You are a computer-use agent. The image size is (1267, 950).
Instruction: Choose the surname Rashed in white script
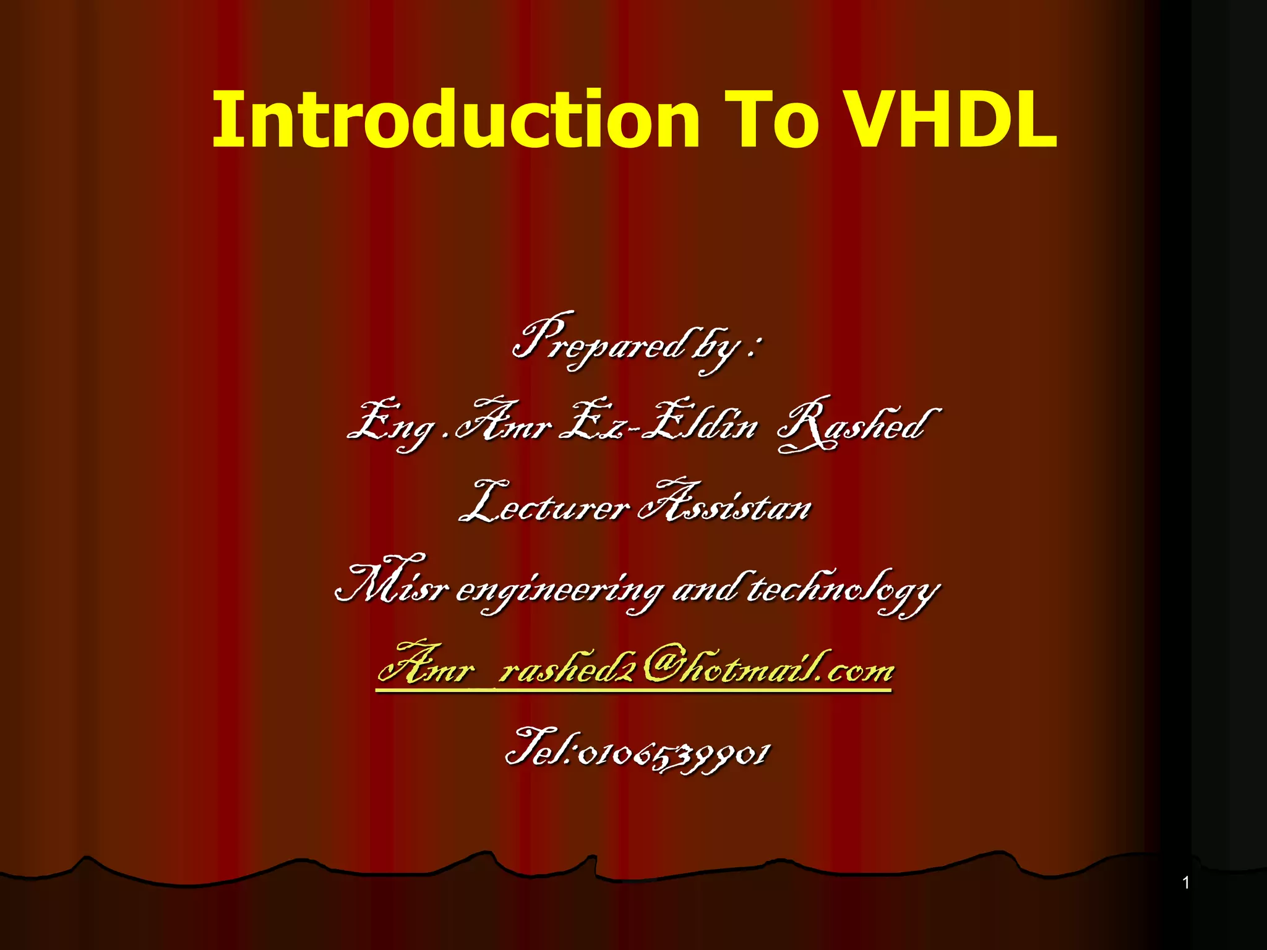point(857,424)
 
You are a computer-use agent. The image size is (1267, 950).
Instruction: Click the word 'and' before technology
point(705,588)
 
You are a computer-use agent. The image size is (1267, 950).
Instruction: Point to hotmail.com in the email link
point(786,668)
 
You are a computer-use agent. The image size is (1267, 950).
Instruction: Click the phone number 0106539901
point(674,755)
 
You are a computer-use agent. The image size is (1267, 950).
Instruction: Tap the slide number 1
point(1186,883)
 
